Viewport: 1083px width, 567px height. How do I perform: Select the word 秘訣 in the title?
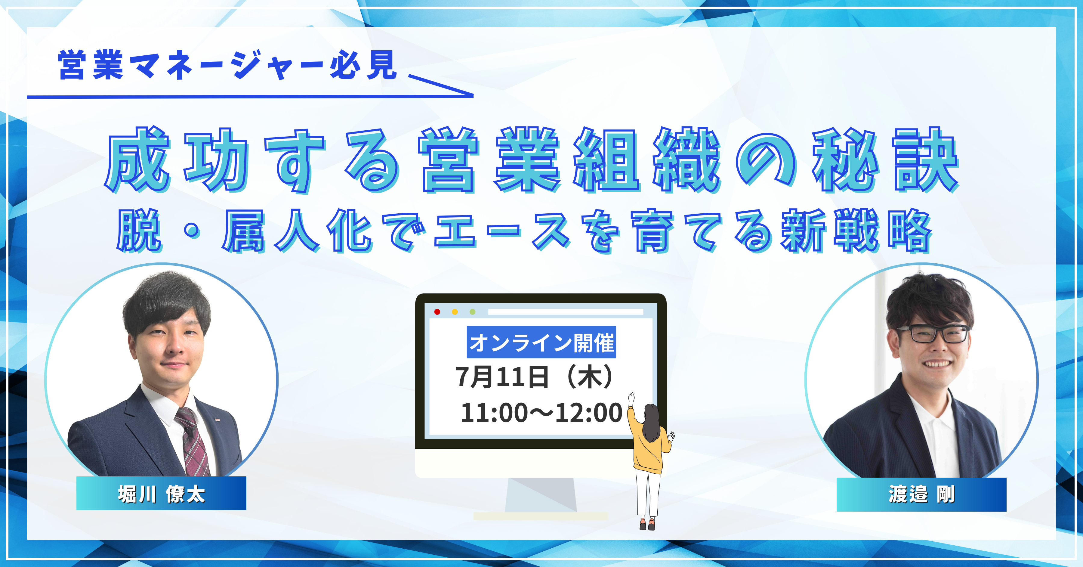pyautogui.click(x=886, y=160)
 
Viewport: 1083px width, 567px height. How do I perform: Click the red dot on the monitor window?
pyautogui.click(x=437, y=312)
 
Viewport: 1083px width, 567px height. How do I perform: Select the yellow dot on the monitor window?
pyautogui.click(x=455, y=312)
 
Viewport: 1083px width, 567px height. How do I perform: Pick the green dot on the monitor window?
pyautogui.click(x=473, y=312)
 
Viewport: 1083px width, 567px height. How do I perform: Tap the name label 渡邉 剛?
pyautogui.click(x=921, y=494)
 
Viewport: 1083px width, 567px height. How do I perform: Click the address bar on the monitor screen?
pyautogui.click(x=566, y=312)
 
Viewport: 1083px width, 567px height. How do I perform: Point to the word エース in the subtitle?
pyautogui.click(x=503, y=232)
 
